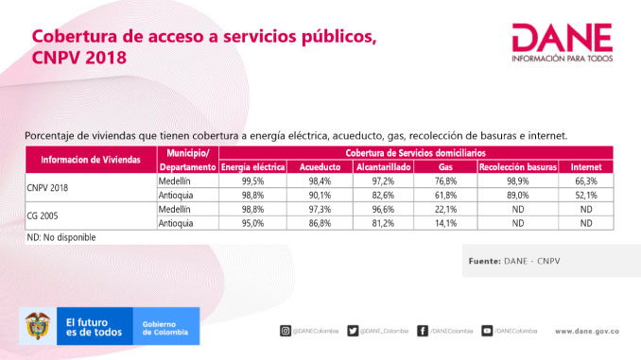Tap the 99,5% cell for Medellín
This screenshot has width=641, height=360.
point(251,180)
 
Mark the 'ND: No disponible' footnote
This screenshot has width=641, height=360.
point(61,238)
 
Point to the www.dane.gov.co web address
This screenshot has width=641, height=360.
point(586,331)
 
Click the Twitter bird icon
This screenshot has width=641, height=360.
point(353,331)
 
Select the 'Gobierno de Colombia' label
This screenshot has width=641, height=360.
point(165,327)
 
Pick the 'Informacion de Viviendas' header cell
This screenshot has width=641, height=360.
point(90,159)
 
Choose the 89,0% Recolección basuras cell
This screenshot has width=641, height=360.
point(516,194)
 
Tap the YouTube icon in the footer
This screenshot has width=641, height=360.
point(488,331)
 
